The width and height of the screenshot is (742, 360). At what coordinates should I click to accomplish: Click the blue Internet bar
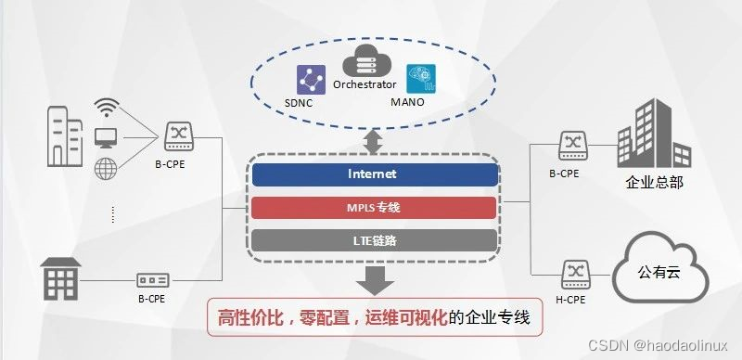click(x=372, y=174)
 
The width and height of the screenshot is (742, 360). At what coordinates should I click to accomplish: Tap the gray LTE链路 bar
click(x=372, y=240)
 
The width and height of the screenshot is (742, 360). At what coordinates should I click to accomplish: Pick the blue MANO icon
click(x=420, y=79)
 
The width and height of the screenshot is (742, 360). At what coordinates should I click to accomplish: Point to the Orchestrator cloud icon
click(x=365, y=64)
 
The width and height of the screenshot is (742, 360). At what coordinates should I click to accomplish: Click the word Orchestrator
click(x=365, y=84)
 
